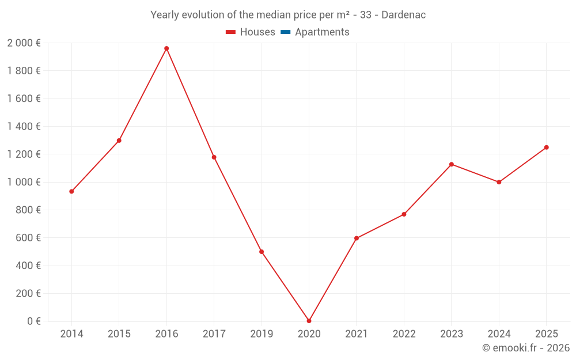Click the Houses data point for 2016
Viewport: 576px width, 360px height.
[166, 48]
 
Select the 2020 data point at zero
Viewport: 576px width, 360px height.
[309, 321]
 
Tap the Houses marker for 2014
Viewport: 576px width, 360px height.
[71, 191]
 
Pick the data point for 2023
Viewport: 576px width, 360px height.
[452, 164]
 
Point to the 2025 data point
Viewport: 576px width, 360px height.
[547, 147]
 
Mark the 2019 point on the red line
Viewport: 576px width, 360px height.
[262, 252]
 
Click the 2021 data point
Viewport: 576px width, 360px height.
[357, 238]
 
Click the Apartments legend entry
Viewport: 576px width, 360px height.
[322, 32]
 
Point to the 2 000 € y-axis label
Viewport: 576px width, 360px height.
[24, 43]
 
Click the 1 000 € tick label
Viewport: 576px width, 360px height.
[24, 182]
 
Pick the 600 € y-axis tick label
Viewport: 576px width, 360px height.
[28, 238]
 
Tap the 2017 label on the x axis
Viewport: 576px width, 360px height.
[214, 334]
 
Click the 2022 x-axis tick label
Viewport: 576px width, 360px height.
[404, 334]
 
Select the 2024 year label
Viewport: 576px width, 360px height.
[499, 334]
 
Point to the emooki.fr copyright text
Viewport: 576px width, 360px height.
[526, 348]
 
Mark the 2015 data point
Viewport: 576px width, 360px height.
[119, 141]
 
